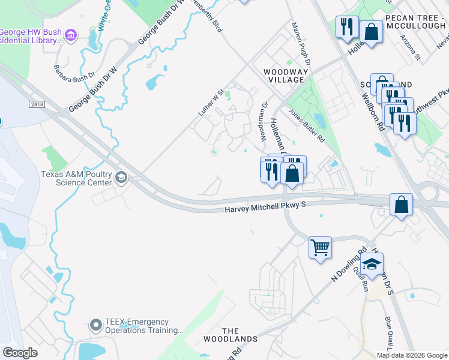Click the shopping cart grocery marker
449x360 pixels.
coord(320,247)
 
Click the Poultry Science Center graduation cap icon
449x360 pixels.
coord(121,177)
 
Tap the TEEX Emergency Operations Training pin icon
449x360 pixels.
coord(95,325)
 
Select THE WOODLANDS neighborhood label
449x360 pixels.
coord(240,335)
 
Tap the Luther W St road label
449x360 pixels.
coord(211,102)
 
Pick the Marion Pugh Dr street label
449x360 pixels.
coord(301,44)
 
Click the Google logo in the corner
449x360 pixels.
coord(20,353)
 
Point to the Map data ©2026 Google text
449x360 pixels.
coord(411,355)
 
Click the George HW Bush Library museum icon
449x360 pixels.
coord(71,35)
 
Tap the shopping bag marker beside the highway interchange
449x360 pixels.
coord(401,204)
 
